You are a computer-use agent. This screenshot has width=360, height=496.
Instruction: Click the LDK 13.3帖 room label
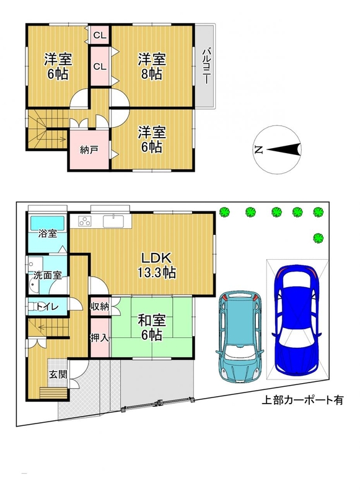point(156,265)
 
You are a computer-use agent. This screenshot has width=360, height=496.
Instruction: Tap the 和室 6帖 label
point(152,328)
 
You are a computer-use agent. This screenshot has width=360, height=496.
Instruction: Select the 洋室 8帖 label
point(152,66)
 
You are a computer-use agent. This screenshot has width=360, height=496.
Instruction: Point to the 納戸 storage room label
point(89,150)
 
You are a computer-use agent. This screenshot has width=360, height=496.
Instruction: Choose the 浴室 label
point(48,234)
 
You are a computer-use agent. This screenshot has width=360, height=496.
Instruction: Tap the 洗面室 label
point(48,275)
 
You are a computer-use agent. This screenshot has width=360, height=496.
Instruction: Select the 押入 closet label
point(100,338)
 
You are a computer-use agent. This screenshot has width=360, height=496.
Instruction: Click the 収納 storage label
point(100,306)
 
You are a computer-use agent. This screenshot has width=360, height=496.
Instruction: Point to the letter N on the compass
point(259,149)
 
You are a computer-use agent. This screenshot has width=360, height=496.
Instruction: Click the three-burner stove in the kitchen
point(85,221)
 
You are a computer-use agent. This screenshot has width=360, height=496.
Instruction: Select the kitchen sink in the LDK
point(113,221)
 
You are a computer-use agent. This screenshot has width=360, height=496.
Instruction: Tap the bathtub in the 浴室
point(48,223)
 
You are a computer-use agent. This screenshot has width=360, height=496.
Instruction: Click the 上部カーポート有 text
point(302,401)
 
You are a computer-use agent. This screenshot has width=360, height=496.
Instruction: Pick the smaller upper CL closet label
point(100,35)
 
